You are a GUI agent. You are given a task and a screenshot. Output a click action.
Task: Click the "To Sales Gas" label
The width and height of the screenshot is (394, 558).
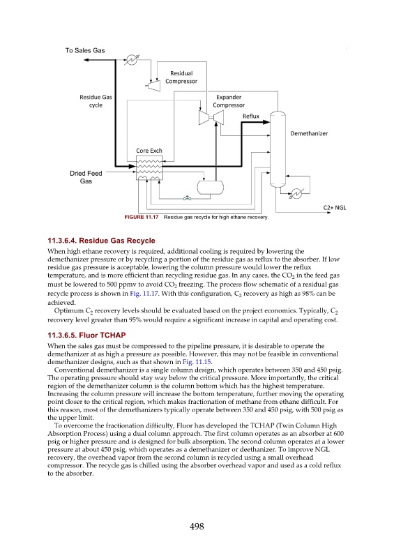(84, 50)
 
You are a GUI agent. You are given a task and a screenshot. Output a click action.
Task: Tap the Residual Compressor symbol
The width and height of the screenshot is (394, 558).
(153, 84)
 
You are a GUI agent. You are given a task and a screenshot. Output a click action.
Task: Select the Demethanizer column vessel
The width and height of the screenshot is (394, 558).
(278, 149)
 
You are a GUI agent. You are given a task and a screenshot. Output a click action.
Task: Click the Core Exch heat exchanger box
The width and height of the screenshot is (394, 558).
(149, 167)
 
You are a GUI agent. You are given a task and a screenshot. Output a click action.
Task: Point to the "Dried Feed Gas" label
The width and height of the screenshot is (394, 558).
(86, 177)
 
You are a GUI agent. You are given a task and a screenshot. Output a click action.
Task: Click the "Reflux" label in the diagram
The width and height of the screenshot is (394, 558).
(251, 116)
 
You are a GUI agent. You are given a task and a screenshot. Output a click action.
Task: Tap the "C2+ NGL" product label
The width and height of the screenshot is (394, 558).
(335, 208)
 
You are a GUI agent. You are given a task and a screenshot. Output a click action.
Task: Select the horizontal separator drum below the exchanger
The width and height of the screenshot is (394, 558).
(211, 188)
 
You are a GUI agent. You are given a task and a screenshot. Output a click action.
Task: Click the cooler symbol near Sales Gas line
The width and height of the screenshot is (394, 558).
(132, 60)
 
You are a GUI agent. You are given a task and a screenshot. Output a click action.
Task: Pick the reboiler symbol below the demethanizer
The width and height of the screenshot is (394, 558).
(296, 194)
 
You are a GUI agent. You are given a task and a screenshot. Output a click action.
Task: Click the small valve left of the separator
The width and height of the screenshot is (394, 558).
(187, 198)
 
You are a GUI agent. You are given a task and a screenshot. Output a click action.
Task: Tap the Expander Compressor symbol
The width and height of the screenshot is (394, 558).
(211, 117)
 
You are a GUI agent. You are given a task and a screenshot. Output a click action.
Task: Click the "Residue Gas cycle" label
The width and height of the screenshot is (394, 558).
(96, 101)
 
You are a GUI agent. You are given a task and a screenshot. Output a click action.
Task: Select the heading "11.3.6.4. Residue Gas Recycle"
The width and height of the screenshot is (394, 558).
(101, 241)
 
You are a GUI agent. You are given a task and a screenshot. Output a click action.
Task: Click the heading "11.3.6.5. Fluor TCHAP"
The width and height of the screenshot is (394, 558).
(87, 335)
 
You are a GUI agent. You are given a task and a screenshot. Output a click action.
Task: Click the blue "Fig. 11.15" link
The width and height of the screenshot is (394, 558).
(197, 362)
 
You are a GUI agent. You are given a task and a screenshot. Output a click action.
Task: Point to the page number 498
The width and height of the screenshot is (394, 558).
(197, 527)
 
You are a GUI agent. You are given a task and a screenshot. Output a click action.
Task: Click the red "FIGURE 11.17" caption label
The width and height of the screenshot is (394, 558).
(142, 217)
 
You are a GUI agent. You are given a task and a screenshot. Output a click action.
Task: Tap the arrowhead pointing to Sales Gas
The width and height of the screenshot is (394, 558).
(86, 60)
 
